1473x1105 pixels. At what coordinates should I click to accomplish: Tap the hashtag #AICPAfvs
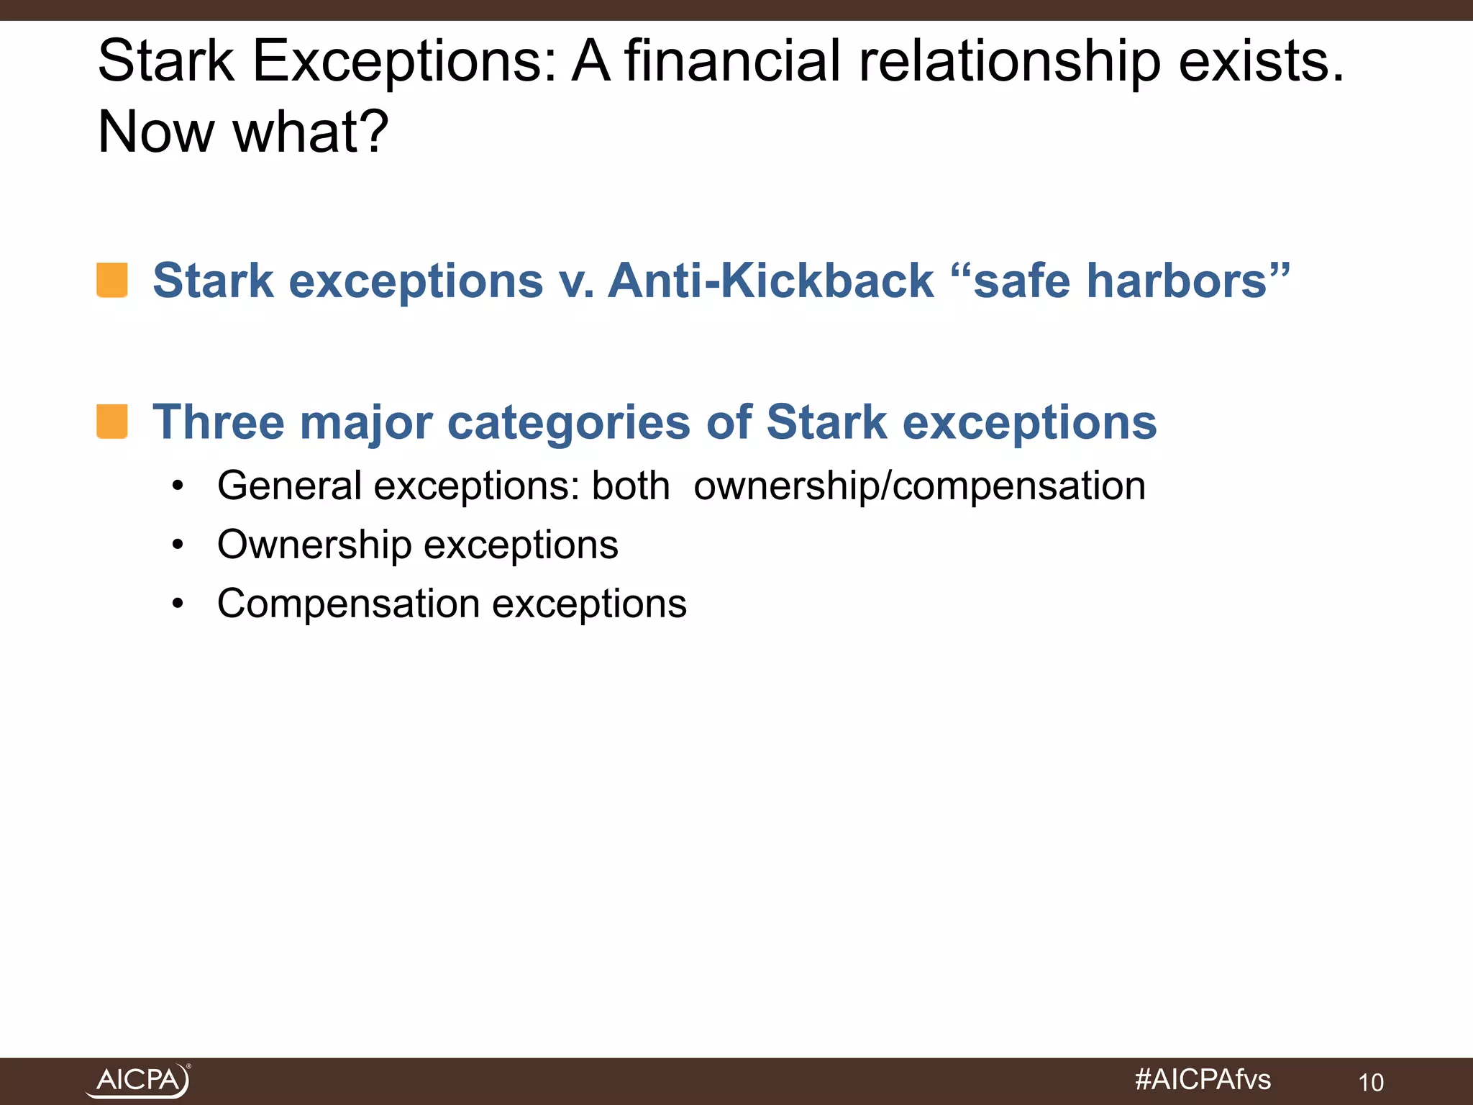point(1203,1079)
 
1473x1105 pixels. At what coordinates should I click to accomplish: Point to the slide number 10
point(1371,1082)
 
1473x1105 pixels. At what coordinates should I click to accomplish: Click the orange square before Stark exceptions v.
point(112,280)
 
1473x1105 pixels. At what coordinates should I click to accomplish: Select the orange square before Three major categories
point(112,421)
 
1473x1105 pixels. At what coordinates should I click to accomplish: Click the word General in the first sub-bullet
point(289,486)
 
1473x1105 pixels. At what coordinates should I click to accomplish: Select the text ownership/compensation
point(919,486)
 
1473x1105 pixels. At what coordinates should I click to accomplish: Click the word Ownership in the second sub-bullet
point(314,545)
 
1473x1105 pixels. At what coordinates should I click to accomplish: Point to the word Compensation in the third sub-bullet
point(348,604)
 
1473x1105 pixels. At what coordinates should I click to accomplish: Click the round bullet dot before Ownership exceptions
point(178,545)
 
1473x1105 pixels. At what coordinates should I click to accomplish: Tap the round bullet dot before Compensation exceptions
point(178,604)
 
